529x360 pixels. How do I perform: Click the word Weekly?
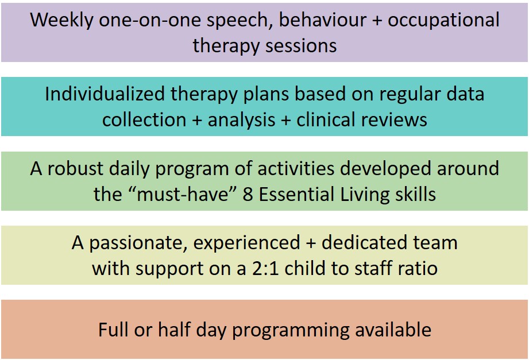click(61, 21)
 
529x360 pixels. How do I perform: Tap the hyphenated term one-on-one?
click(150, 20)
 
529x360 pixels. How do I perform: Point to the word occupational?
click(443, 21)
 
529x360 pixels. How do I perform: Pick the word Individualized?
click(105, 94)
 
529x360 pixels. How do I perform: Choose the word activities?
click(296, 168)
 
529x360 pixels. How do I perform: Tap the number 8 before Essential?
click(248, 194)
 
